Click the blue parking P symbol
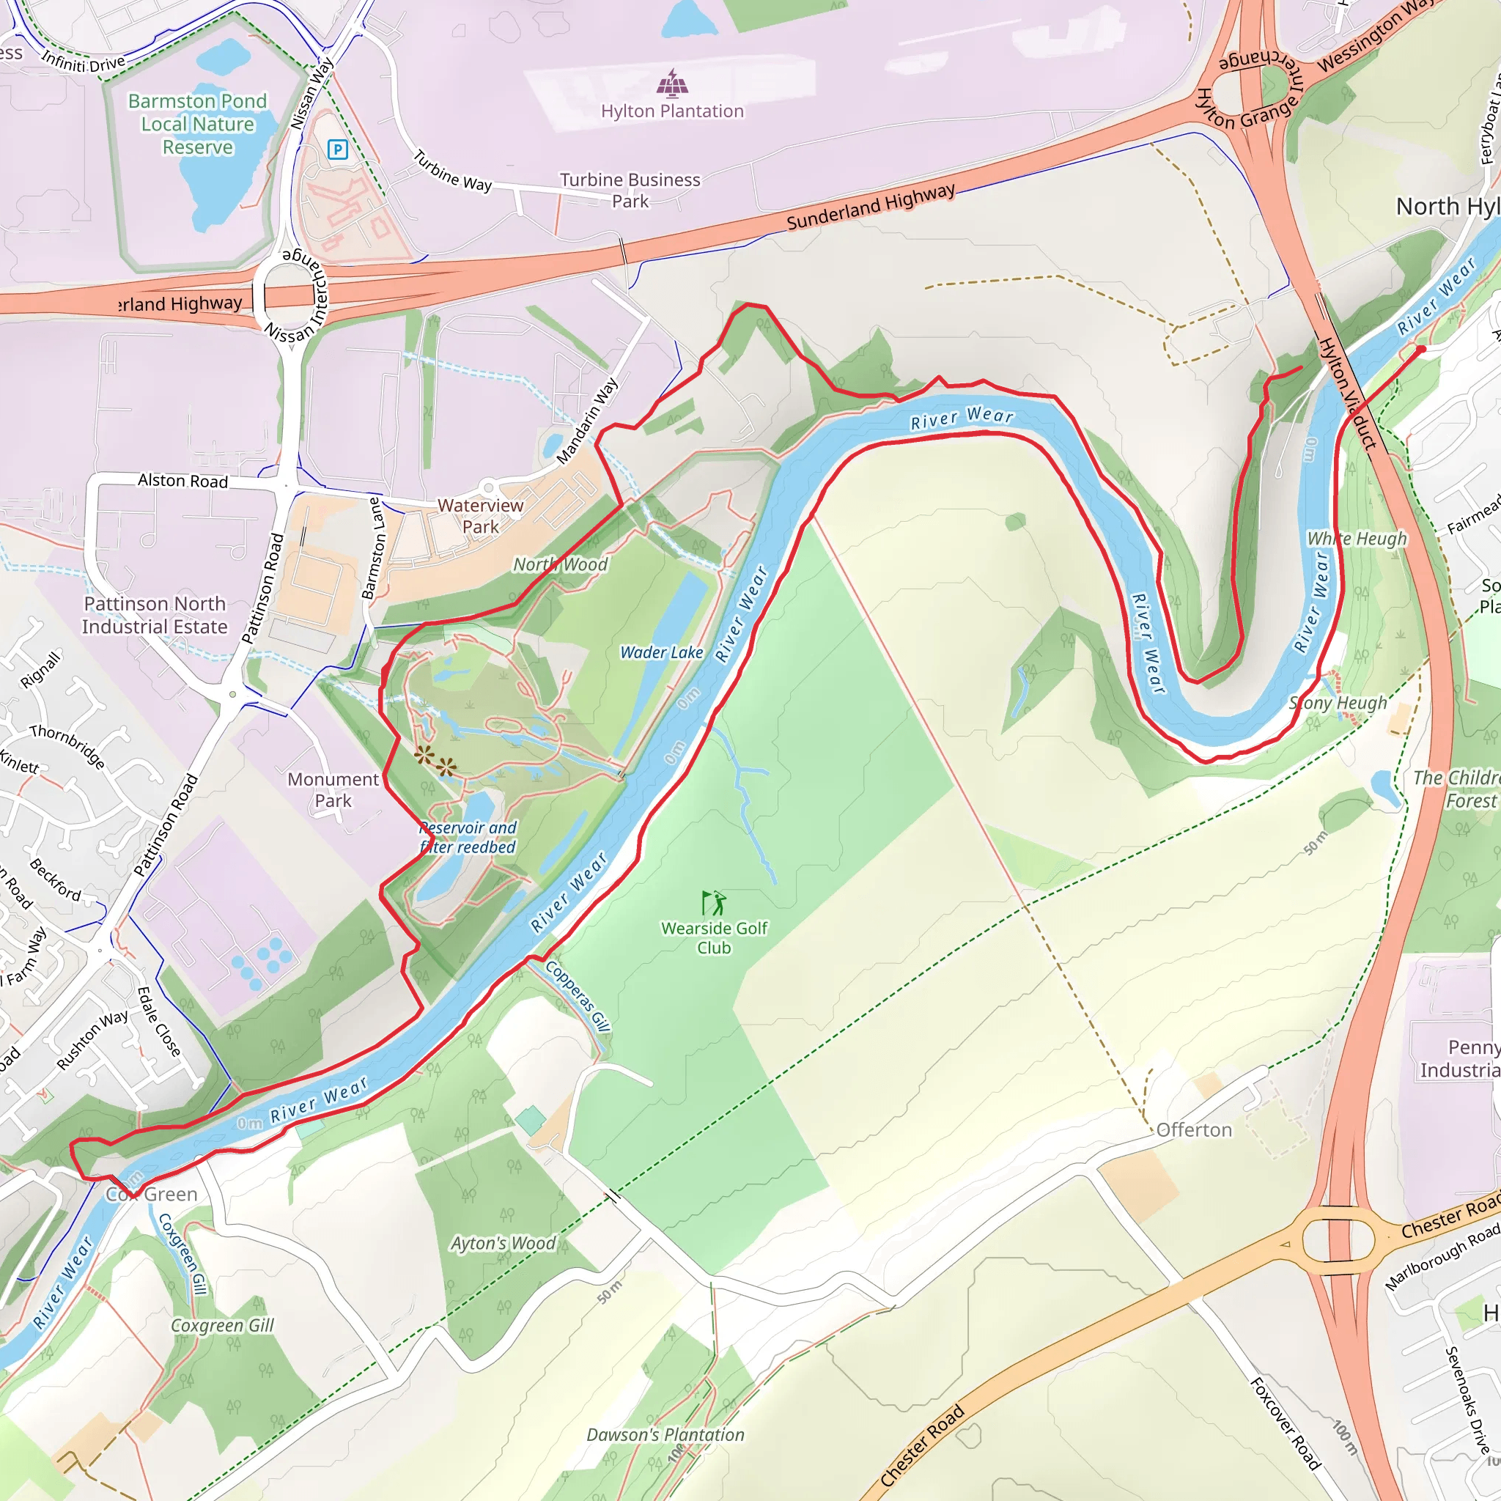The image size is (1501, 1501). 337,150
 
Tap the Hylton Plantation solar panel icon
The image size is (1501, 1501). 672,82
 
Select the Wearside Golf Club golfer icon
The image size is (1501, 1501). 714,904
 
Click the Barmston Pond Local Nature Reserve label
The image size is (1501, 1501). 197,125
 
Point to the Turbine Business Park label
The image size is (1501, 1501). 630,191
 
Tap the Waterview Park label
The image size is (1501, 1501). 480,516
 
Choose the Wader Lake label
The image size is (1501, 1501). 661,652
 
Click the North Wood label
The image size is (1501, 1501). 560,565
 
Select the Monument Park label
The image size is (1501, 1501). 333,789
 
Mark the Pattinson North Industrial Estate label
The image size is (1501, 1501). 155,616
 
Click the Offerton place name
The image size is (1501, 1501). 1193,1129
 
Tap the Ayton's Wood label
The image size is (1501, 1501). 504,1243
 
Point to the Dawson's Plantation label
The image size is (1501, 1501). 665,1435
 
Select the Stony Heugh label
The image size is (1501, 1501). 1338,703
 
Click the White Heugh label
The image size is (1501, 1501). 1357,539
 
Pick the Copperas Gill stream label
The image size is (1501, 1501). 578,997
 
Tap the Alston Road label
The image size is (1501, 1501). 182,481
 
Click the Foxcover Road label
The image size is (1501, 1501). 1285,1423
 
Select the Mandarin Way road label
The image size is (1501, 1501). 587,421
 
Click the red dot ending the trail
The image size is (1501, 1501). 1421,350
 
